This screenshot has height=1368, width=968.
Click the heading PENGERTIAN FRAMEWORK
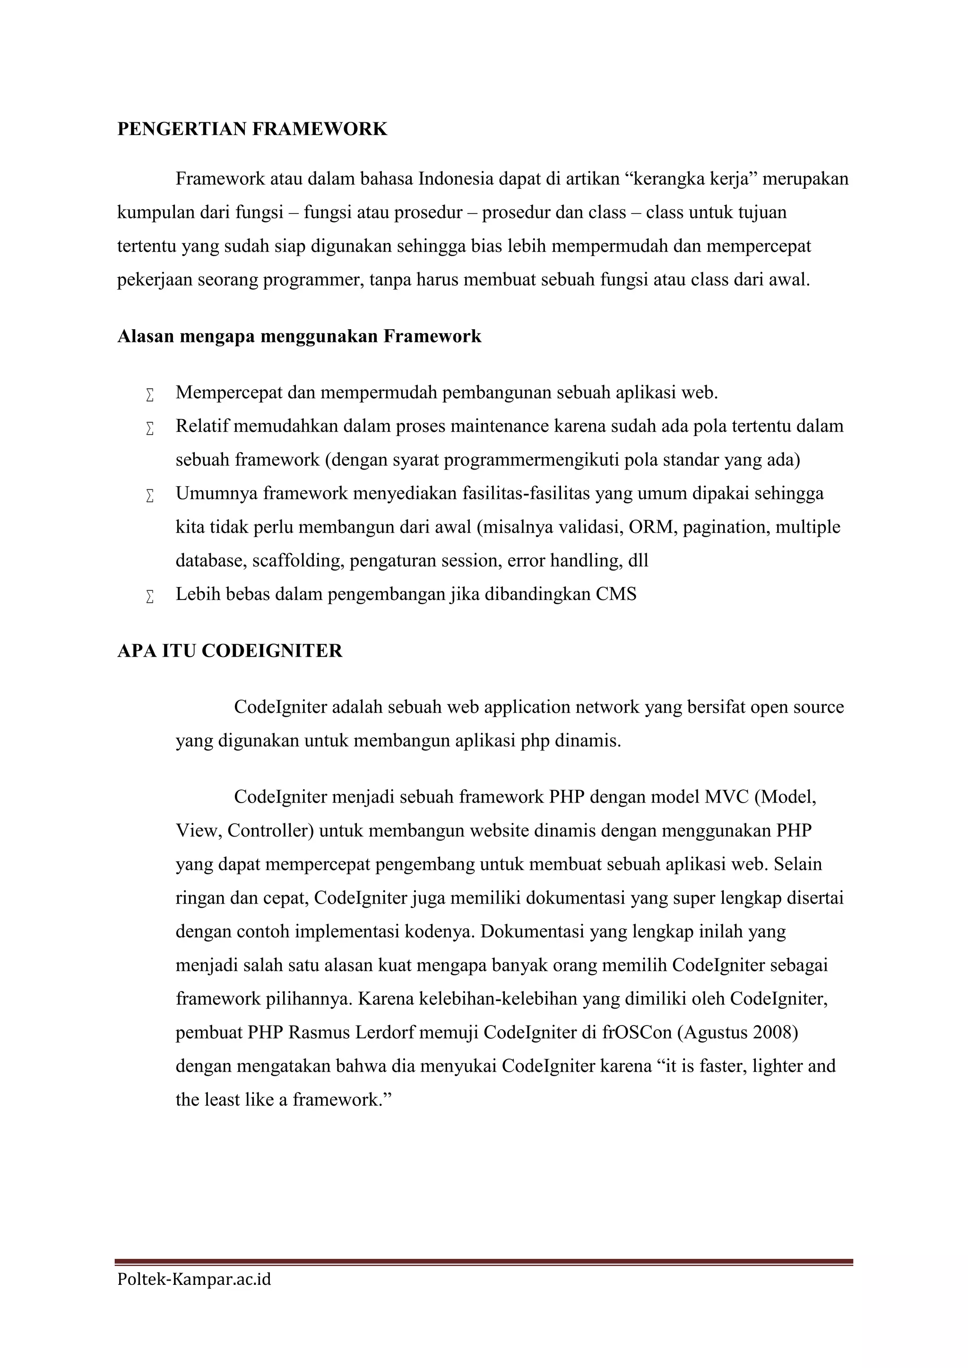(x=252, y=129)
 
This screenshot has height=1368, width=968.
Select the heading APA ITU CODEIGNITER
(x=230, y=651)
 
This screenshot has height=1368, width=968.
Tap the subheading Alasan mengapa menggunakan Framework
(x=299, y=337)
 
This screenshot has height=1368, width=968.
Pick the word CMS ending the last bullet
(x=616, y=595)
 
